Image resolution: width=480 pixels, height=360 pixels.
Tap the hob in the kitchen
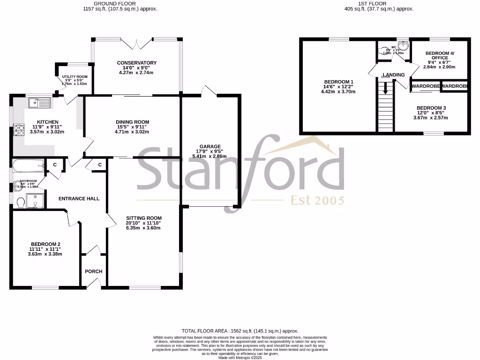coord(19,129)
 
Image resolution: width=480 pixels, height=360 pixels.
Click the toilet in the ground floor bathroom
coord(20,202)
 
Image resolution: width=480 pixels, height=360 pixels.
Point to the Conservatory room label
coord(136,63)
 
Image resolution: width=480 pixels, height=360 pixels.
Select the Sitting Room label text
coord(143,218)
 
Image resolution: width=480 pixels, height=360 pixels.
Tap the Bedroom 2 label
coord(45,244)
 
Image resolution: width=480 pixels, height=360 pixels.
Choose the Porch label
coord(93,271)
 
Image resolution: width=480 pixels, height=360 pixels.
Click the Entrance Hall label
coord(79,198)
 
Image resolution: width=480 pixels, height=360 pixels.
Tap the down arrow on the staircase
coord(385,89)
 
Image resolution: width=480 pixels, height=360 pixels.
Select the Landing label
coord(393,75)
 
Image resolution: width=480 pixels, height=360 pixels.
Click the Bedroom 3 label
coord(431,108)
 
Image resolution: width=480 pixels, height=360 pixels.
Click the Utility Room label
coord(75,76)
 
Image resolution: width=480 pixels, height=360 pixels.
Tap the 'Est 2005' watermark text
coord(317,201)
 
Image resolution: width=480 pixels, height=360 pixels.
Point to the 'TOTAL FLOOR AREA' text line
coord(240,331)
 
